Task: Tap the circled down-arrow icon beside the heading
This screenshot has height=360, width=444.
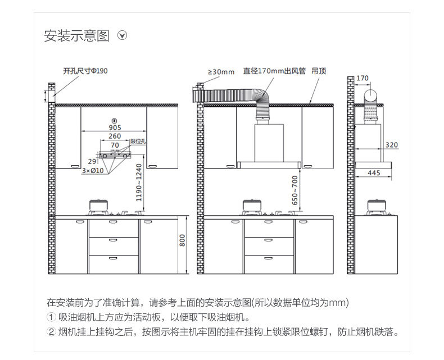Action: click(x=122, y=36)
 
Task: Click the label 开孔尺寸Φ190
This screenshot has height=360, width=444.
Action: click(x=85, y=71)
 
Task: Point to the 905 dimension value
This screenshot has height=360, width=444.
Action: click(x=115, y=127)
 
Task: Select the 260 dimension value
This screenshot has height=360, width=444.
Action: click(x=115, y=136)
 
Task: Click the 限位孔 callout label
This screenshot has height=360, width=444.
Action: click(x=138, y=142)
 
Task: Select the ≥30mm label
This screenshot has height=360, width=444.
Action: click(x=221, y=72)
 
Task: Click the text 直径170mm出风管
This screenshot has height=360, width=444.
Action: click(x=274, y=71)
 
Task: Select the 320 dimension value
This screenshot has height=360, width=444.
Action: click(x=391, y=145)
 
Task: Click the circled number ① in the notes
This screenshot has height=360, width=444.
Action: click(x=52, y=317)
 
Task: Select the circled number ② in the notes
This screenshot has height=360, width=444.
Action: click(x=52, y=331)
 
